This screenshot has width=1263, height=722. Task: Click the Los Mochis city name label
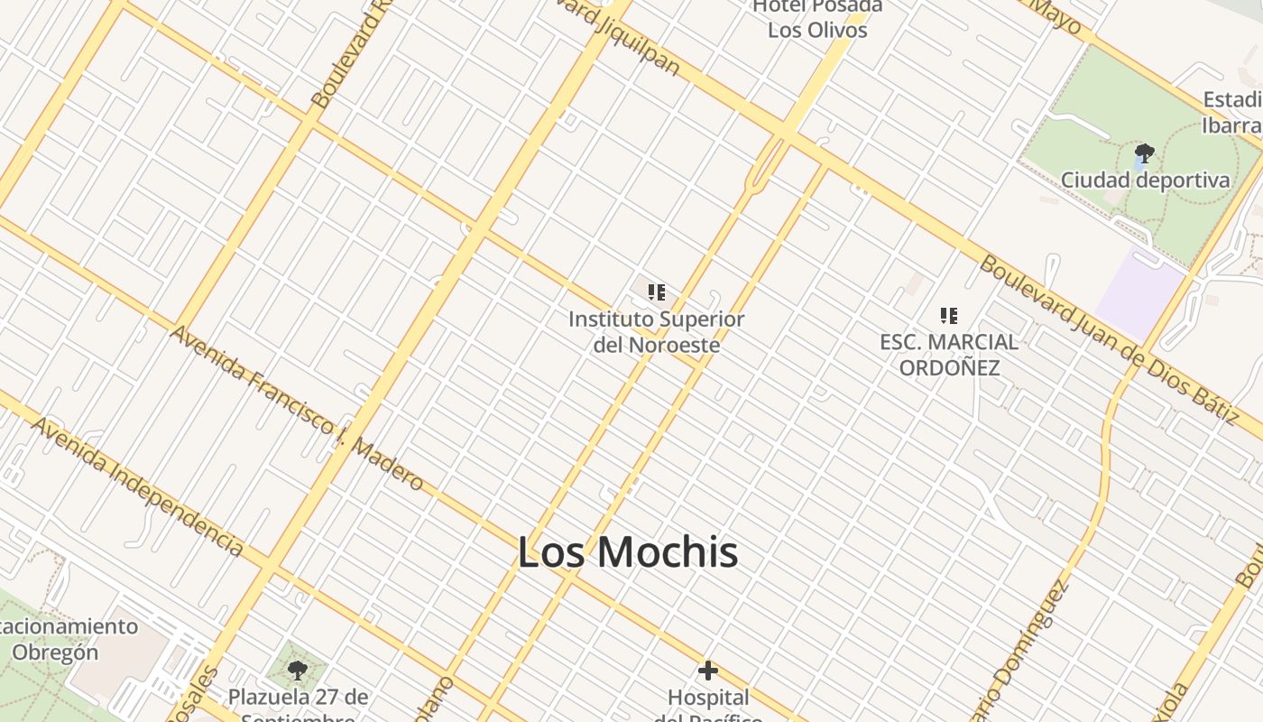click(628, 552)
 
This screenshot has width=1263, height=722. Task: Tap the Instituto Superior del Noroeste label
click(657, 332)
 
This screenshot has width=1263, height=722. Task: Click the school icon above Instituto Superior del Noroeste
click(657, 292)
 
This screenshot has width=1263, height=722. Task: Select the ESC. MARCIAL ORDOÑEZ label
click(949, 355)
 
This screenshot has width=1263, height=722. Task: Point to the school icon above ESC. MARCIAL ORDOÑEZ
click(948, 316)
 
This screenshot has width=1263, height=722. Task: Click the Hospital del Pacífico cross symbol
click(708, 671)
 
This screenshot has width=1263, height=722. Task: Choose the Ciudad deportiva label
click(1145, 180)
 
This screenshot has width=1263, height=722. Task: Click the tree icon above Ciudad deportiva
click(1144, 153)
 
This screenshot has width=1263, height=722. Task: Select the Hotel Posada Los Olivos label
click(817, 18)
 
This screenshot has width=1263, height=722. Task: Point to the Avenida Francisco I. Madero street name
click(297, 408)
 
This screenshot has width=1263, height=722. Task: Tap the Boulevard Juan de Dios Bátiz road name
click(1109, 338)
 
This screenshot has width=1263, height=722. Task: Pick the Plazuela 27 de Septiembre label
click(298, 706)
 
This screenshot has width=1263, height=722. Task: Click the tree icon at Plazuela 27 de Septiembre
click(297, 671)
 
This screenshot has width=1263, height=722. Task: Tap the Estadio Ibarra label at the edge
click(1232, 112)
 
